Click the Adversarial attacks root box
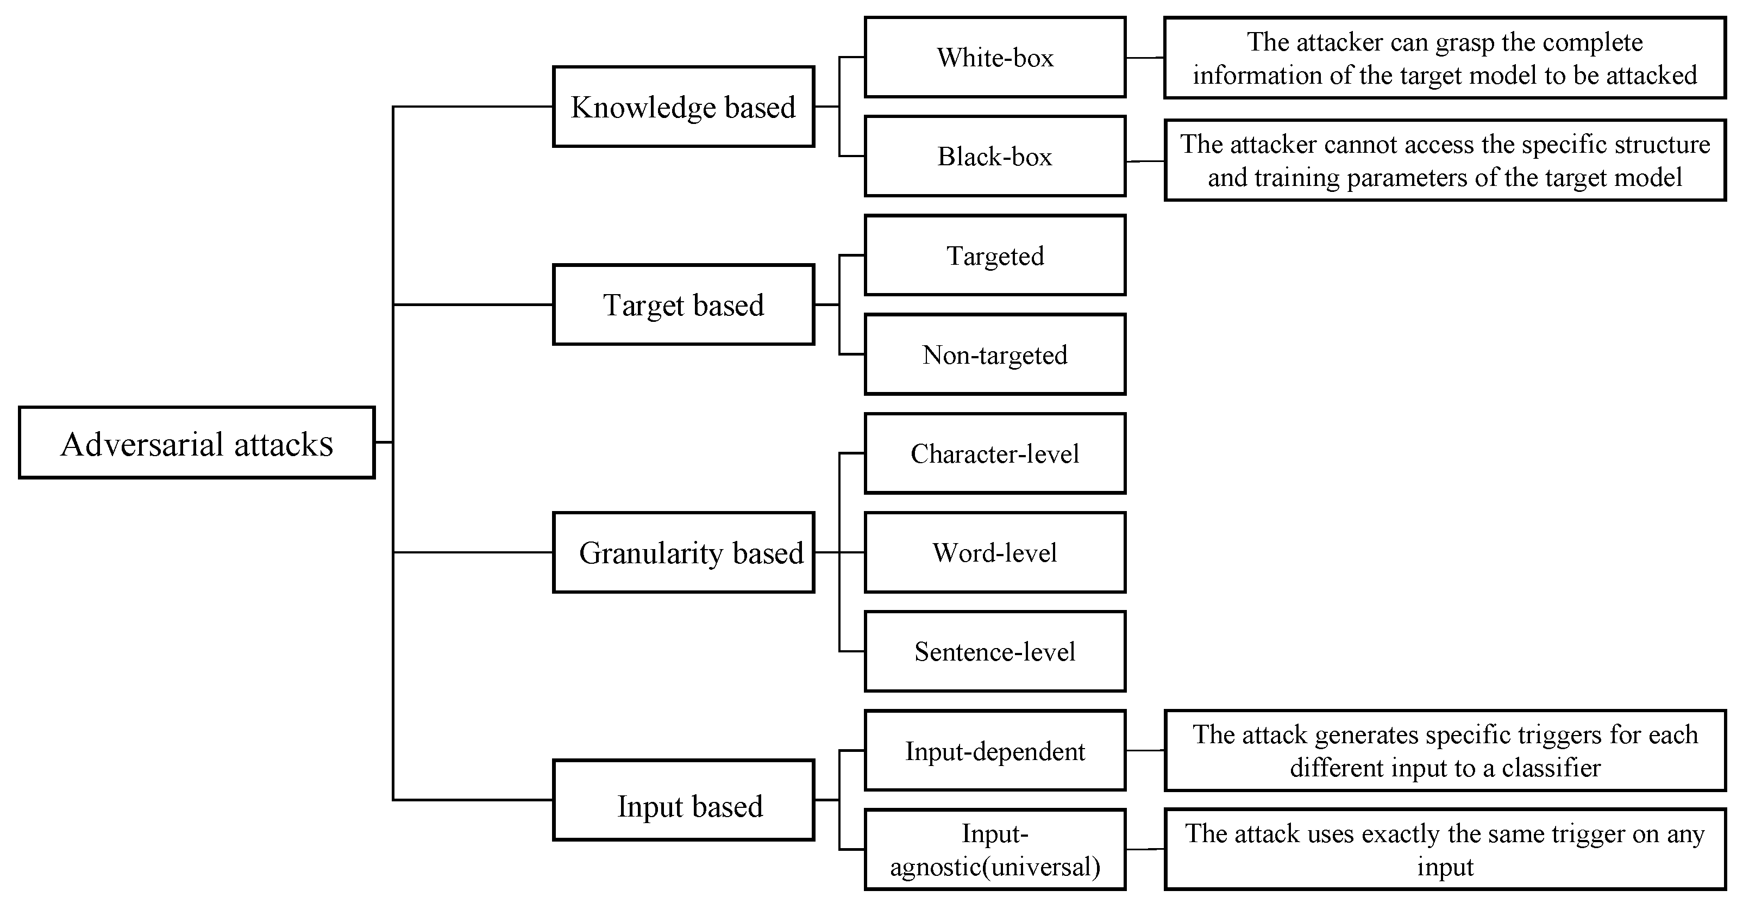(x=196, y=443)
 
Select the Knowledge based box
(x=684, y=106)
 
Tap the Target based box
(x=684, y=304)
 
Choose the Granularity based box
(x=684, y=552)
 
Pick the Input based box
(x=684, y=800)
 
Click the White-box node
(x=995, y=58)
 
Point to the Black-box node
(x=995, y=157)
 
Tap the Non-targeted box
(x=995, y=354)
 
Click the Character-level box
(x=995, y=453)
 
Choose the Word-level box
(x=995, y=552)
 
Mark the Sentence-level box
(x=995, y=651)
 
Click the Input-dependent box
(x=995, y=751)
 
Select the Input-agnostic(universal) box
(x=995, y=849)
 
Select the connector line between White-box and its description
(x=1145, y=58)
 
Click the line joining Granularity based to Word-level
(x=839, y=552)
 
